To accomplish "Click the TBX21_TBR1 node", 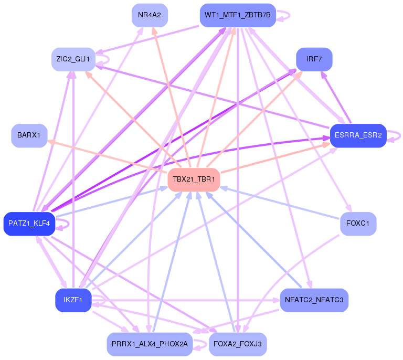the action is [x=194, y=179].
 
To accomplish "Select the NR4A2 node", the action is [x=150, y=15].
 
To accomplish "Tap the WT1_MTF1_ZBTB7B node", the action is [x=238, y=15].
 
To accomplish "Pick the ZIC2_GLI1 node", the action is [x=73, y=59].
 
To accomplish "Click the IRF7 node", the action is [x=314, y=59].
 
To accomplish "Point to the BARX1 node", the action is [x=29, y=136].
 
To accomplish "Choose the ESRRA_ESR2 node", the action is [x=358, y=136].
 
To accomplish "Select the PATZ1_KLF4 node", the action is [x=29, y=224].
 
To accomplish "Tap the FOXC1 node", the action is [x=358, y=224].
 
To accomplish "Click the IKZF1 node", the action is [x=73, y=300].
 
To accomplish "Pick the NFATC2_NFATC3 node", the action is [x=314, y=300].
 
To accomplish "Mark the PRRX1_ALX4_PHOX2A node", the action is [x=150, y=344].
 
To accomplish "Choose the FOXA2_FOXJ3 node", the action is [x=238, y=344].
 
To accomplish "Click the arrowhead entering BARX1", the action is [x=51, y=142].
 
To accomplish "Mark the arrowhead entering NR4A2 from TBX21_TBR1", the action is [x=155, y=31].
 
